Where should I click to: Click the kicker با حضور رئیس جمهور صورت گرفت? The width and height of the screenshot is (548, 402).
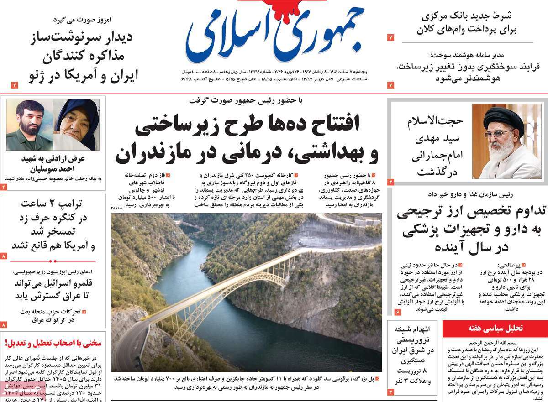246,100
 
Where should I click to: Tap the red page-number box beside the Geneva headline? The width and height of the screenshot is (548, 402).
14,85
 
